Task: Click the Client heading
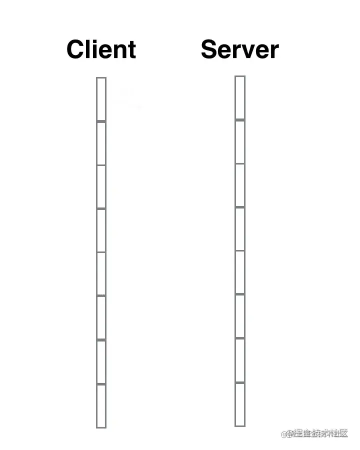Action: click(x=101, y=49)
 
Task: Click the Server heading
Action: click(x=239, y=49)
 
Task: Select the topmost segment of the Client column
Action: click(x=101, y=99)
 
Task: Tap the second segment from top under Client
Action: click(x=101, y=143)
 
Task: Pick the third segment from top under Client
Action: click(x=101, y=186)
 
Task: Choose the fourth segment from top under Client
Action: click(x=101, y=230)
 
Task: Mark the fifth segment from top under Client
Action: click(x=101, y=273)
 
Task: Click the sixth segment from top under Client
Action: click(x=101, y=317)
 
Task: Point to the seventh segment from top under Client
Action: click(x=101, y=361)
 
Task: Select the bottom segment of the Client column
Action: click(x=101, y=405)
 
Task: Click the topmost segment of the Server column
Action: click(x=240, y=98)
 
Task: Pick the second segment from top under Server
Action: click(x=240, y=142)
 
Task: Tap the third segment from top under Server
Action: click(x=240, y=185)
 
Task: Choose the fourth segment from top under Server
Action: click(x=240, y=228)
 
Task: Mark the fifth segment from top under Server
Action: click(x=240, y=272)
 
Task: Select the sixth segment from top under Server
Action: click(x=240, y=316)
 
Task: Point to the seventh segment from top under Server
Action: click(x=240, y=360)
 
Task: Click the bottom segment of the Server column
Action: click(x=240, y=404)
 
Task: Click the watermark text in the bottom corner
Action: click(x=314, y=433)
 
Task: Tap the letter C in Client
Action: click(x=76, y=49)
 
